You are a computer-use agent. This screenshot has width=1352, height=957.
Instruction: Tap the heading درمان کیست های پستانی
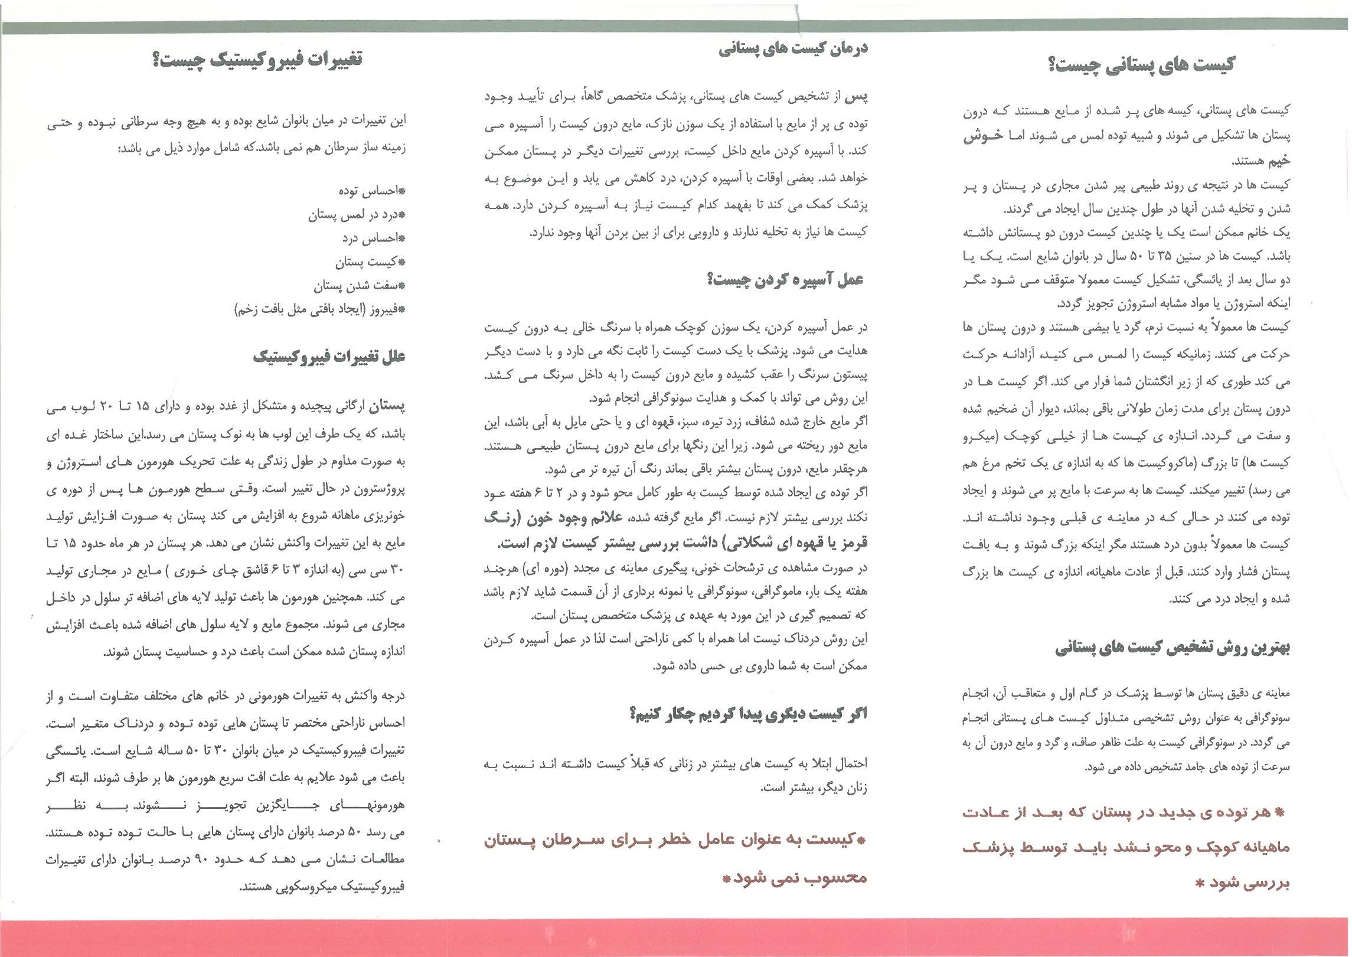point(793,49)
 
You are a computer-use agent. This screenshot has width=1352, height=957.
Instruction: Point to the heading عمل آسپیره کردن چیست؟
point(785,280)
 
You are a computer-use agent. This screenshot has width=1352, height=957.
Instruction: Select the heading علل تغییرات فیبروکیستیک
point(329,357)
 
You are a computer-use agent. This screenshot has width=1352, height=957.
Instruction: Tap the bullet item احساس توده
point(371,191)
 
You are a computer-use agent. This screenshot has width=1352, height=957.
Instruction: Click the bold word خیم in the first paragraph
point(1276,160)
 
